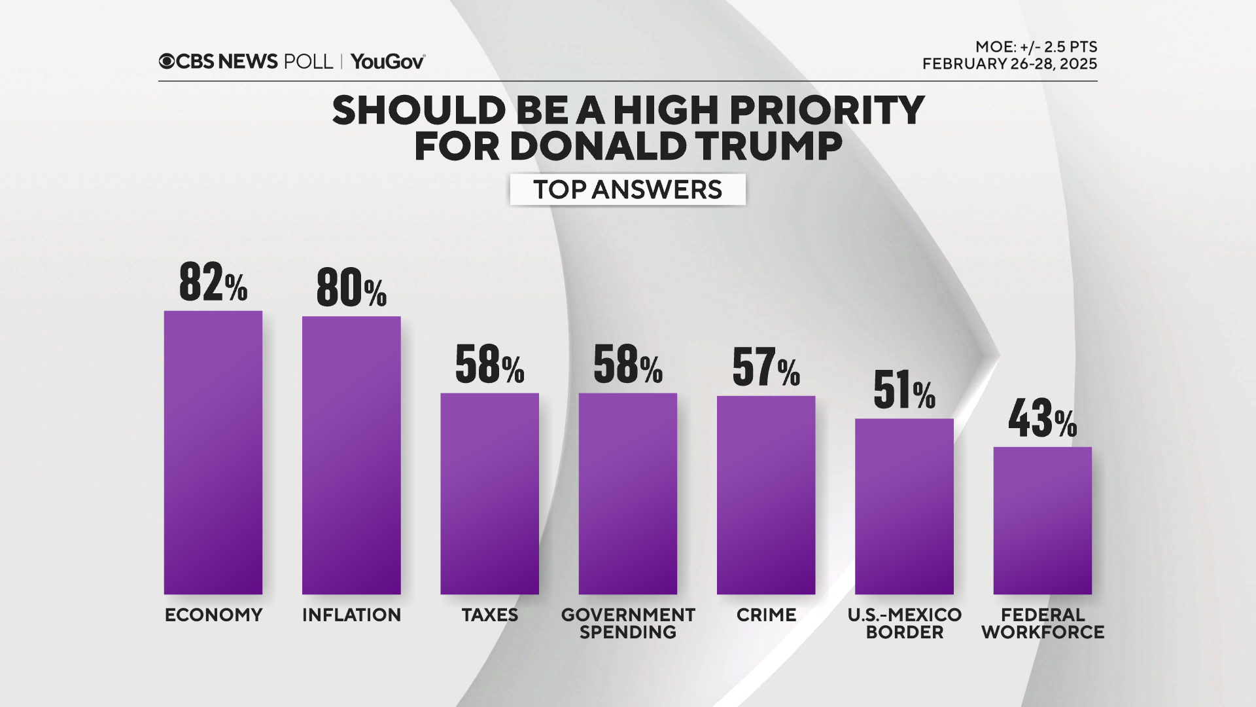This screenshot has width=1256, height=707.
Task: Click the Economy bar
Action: click(213, 452)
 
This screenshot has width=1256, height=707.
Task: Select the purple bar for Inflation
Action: click(351, 455)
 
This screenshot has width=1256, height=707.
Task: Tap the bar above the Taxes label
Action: click(489, 494)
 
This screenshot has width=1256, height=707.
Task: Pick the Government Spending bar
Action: click(627, 494)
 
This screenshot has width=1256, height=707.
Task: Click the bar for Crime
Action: click(766, 495)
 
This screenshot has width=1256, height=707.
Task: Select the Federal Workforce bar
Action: click(1042, 520)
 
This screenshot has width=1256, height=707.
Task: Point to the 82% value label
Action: click(213, 283)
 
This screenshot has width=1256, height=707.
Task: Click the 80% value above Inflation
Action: click(351, 288)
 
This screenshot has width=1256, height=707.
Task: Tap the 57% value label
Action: click(766, 367)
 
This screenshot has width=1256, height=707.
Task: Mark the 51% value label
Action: click(904, 390)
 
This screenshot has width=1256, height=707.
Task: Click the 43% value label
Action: click(1042, 419)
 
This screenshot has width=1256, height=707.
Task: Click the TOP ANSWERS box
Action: click(627, 189)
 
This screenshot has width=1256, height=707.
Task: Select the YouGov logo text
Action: click(387, 62)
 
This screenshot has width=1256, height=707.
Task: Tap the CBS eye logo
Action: click(167, 62)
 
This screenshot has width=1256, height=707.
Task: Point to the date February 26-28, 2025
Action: click(1009, 64)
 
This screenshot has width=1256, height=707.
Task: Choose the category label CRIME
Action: click(766, 615)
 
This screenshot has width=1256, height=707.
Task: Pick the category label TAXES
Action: click(489, 615)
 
